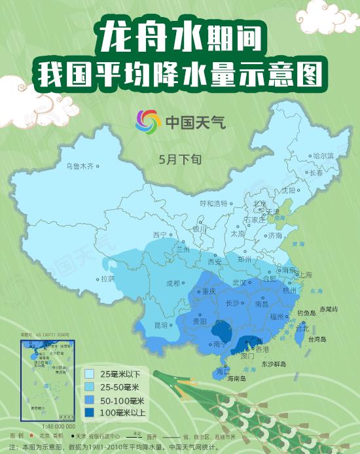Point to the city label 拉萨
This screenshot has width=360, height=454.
(107, 278)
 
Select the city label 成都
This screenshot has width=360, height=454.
(172, 283)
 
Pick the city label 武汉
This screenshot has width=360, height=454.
(238, 283)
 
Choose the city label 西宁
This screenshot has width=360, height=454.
(160, 235)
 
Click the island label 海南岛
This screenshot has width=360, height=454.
(235, 378)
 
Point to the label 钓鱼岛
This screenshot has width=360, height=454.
(306, 313)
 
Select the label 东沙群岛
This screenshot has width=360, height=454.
(276, 363)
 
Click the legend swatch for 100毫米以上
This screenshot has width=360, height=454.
(90, 411)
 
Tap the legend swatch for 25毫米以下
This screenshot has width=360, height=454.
(90, 374)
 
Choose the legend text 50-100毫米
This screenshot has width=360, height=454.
(122, 399)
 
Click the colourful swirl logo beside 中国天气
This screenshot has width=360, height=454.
(149, 121)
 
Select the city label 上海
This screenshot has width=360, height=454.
(304, 275)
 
